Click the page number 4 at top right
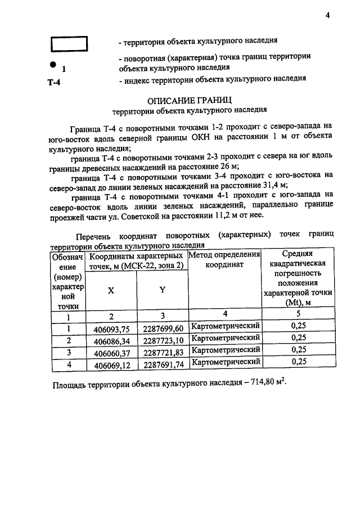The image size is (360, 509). [x=327, y=15]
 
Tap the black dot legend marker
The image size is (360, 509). [x=53, y=64]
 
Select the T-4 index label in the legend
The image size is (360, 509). [x=54, y=83]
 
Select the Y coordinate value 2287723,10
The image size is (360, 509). [x=163, y=341]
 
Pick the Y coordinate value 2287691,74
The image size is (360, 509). [x=163, y=364]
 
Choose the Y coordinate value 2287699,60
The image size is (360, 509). [x=163, y=329]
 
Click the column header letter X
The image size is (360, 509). [x=111, y=291]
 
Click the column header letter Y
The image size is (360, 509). [x=162, y=290]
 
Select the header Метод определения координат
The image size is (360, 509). [x=225, y=259]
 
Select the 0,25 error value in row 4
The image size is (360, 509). [x=299, y=362]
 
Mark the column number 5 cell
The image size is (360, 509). [x=299, y=314]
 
